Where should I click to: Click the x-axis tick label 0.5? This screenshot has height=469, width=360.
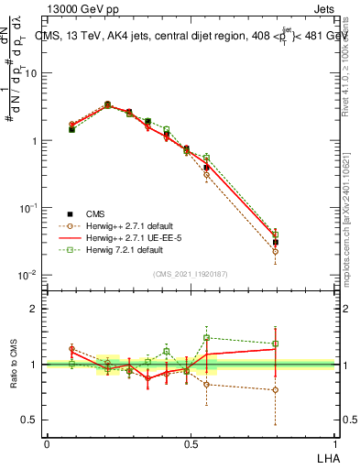[x=191, y=442]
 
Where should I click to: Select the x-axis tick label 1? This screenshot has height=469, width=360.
[x=334, y=442]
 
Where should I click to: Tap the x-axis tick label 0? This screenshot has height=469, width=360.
[x=47, y=442]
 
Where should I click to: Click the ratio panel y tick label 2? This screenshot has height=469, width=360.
[x=34, y=309]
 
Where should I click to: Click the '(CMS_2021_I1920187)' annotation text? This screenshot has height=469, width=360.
[x=191, y=273]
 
